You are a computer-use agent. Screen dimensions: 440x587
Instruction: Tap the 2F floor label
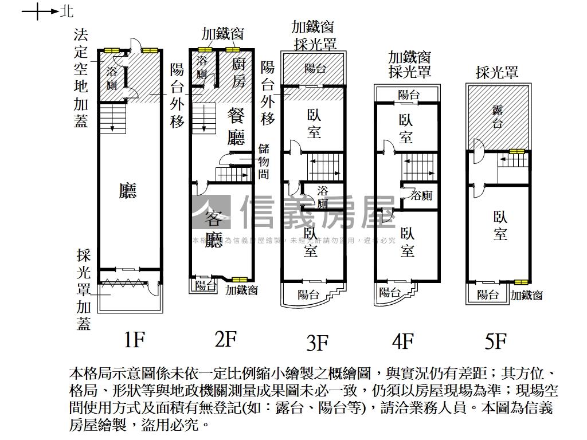(x=225, y=339)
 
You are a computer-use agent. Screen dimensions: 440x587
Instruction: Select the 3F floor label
(x=317, y=343)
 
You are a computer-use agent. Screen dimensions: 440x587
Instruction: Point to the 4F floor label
(x=402, y=341)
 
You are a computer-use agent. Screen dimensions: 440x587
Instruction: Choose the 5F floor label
(x=495, y=341)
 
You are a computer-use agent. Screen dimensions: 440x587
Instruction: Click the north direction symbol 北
(x=67, y=11)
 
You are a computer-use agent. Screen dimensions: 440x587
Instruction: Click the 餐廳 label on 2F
(x=236, y=126)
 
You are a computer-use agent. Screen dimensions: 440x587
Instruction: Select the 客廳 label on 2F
(x=214, y=229)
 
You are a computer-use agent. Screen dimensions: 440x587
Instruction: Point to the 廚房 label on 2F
(x=238, y=72)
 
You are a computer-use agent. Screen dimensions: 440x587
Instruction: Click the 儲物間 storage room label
(x=263, y=162)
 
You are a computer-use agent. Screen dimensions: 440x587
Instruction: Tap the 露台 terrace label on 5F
(x=497, y=116)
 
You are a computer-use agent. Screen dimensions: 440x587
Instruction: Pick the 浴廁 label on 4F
(x=421, y=196)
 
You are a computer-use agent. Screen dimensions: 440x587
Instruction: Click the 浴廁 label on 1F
(x=112, y=78)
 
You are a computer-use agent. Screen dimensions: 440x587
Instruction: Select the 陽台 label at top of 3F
(x=315, y=68)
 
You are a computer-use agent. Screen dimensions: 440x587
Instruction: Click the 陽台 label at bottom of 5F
(x=487, y=294)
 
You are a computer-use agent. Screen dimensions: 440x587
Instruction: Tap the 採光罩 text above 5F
(x=497, y=72)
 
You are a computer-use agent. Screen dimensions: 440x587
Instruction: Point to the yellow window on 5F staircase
(x=516, y=152)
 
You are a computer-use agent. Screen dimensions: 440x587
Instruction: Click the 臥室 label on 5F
(x=500, y=225)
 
